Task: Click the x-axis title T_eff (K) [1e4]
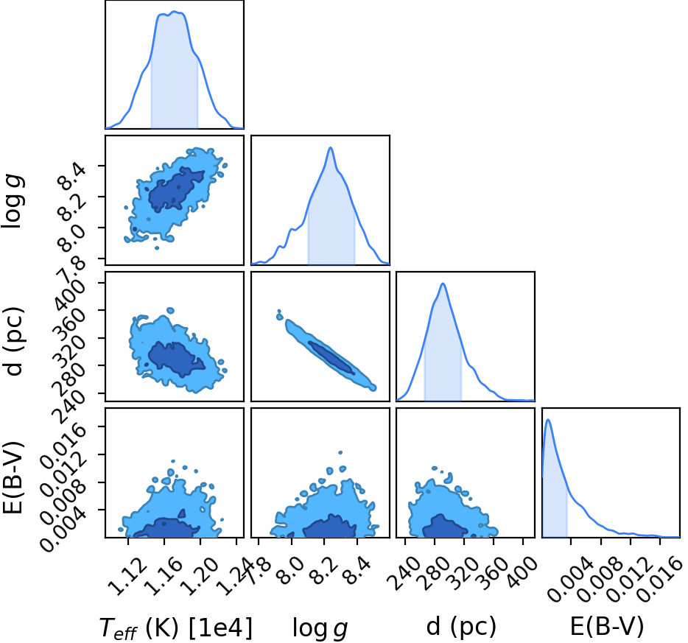tap(176, 628)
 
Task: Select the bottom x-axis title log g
tap(320, 628)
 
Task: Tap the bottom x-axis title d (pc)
tap(461, 627)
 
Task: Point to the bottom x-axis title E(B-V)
tap(607, 627)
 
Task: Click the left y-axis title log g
tap(13, 201)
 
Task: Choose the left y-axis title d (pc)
tap(13, 342)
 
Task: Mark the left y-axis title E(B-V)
tap(13, 478)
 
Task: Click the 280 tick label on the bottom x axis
tap(432, 574)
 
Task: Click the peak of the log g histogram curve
tap(331, 147)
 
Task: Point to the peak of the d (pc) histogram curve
tap(443, 284)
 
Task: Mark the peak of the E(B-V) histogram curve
tap(548, 420)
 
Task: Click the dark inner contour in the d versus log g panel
tap(331, 357)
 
